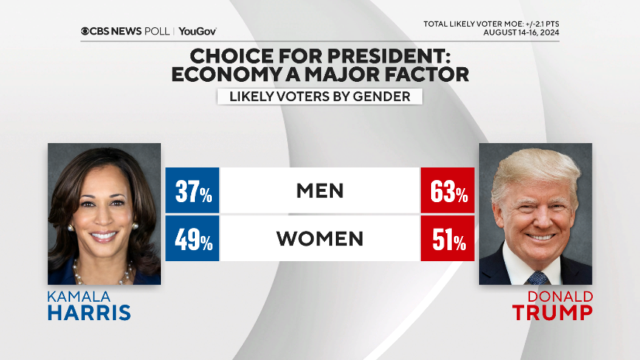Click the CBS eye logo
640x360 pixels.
tap(86, 31)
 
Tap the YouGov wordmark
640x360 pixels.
tap(197, 31)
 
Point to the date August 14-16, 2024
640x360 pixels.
tap(521, 32)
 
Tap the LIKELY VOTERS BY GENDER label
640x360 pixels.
tap(319, 97)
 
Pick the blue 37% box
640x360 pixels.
tap(193, 192)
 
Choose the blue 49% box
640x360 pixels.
tap(193, 239)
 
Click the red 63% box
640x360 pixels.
tap(447, 192)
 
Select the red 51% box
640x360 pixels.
tap(447, 239)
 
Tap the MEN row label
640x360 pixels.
tap(320, 191)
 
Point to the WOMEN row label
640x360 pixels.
tap(320, 239)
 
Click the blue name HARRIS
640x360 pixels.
tap(89, 313)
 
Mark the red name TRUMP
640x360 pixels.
tap(553, 313)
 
